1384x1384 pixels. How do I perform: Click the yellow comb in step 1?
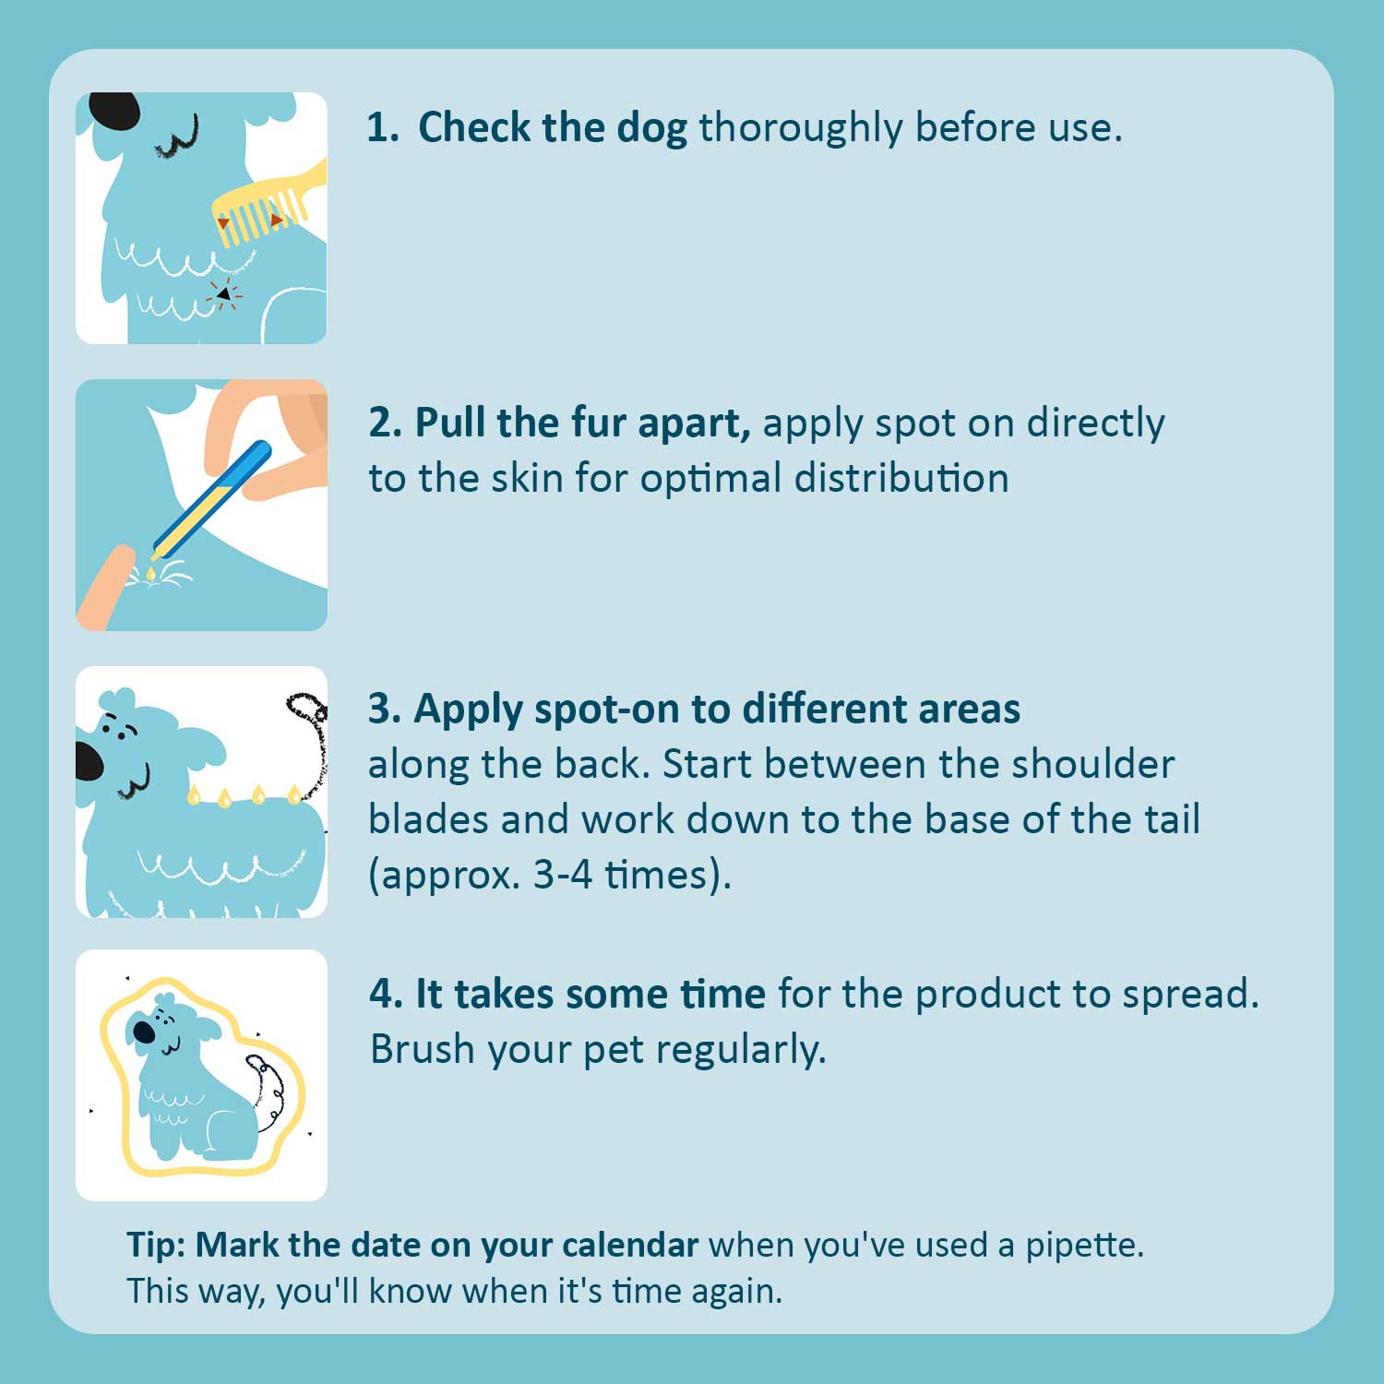[x=268, y=205]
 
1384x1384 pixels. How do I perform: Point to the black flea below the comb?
[x=223, y=293]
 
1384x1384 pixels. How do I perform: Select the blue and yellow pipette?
[x=211, y=499]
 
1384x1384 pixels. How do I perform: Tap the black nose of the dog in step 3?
[x=89, y=759]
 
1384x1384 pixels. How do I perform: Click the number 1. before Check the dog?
[x=383, y=127]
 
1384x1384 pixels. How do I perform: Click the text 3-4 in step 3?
[x=563, y=875]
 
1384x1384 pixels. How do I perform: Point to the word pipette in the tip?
[x=1084, y=1247]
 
